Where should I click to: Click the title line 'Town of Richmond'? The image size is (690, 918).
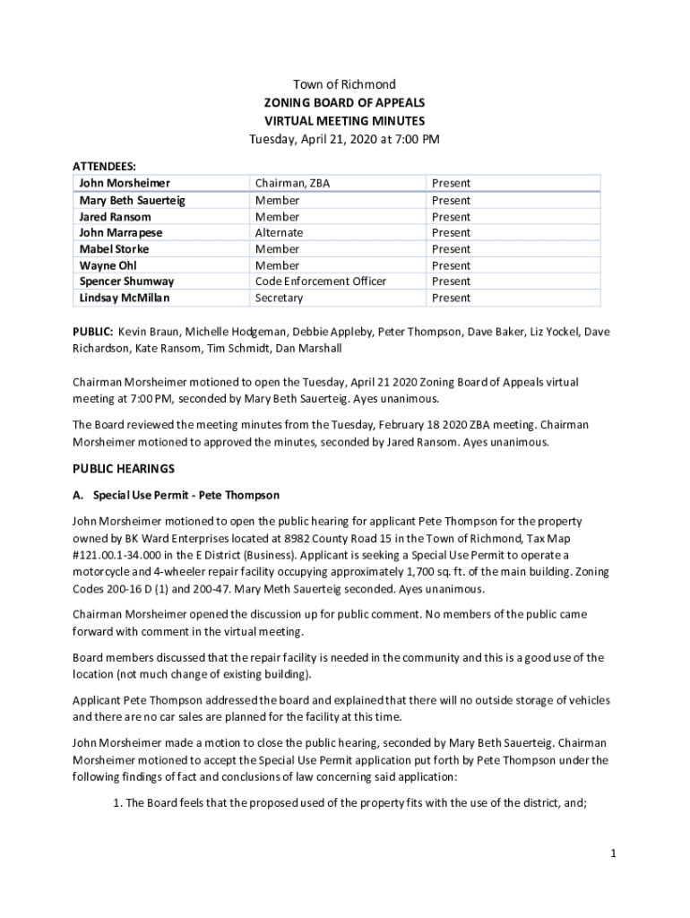point(344,85)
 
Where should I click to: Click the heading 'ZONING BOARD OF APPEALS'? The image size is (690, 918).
point(344,103)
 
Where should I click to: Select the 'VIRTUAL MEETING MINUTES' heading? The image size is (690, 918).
point(344,121)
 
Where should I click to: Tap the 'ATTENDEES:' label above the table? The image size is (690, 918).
point(104,167)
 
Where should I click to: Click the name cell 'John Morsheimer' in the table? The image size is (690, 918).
point(124,184)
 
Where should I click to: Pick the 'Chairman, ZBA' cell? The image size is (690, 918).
point(292,184)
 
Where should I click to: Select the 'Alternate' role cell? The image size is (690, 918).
point(279,233)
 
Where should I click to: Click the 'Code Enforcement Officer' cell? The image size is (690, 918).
point(320,281)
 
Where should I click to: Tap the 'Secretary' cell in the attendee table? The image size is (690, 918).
point(279,298)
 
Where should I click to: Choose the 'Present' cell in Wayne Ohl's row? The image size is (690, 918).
point(451,265)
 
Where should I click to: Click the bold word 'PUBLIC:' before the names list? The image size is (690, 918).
point(93,332)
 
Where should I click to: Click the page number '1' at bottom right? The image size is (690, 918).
point(613,854)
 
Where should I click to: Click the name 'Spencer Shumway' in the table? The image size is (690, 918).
point(126,281)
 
